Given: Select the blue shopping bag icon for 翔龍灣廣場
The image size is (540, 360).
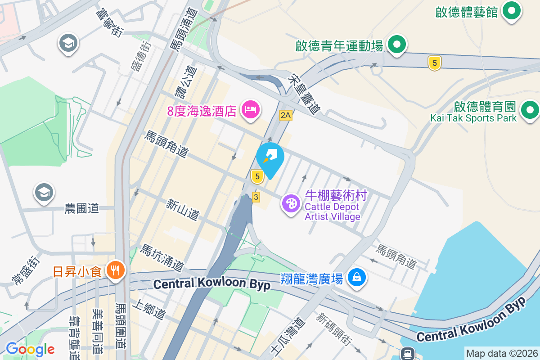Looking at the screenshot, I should pyautogui.click(x=356, y=278).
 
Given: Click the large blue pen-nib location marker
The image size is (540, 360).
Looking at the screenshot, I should pyautogui.click(x=270, y=158).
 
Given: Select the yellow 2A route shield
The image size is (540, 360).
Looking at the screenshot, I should pyautogui.click(x=285, y=115).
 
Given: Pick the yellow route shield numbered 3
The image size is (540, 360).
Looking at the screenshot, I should pyautogui.click(x=256, y=197).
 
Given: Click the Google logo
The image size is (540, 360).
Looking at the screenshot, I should pyautogui.click(x=30, y=349).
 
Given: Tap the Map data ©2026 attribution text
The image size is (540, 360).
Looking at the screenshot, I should pyautogui.click(x=502, y=353).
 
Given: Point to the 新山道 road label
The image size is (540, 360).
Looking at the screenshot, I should pyautogui.click(x=182, y=210).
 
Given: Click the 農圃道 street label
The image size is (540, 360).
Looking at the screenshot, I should pyautogui.click(x=81, y=208).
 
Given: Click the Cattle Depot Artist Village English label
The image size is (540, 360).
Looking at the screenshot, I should pyautogui.click(x=333, y=211).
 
